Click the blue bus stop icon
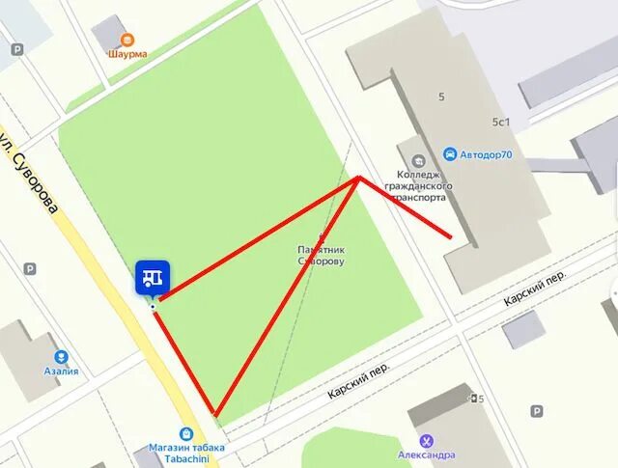pos(153,277)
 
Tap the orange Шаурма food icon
pos(127,40)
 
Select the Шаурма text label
pos(127,54)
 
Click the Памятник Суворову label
pos(322,255)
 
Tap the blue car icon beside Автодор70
pos(450,154)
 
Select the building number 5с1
pos(501,122)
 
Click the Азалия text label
pos(61,372)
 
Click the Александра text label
pos(427,454)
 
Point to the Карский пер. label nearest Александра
pos(357,381)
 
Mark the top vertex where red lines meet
pos(358,177)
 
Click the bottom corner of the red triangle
pos(216,416)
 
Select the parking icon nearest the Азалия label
pos(28,269)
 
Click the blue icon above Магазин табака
pos(186,433)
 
